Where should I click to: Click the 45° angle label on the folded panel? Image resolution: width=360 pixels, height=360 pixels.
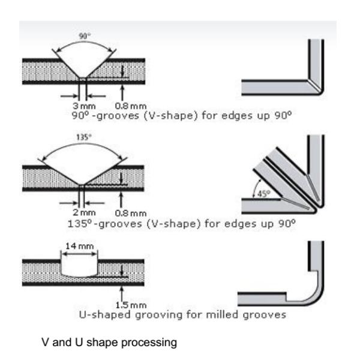(265, 194)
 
